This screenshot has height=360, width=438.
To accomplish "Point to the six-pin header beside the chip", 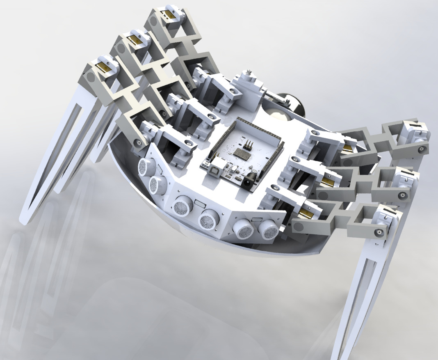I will tap(247, 145).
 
